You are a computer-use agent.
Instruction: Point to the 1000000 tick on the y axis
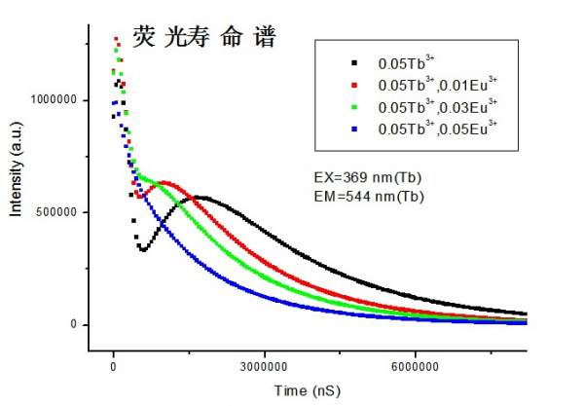pyautogui.click(x=56, y=100)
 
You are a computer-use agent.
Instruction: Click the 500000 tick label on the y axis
pyautogui.click(x=60, y=212)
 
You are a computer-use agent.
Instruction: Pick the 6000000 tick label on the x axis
pyautogui.click(x=416, y=367)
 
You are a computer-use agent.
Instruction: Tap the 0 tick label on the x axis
pyautogui.click(x=114, y=367)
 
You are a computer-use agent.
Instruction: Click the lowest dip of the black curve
pyautogui.click(x=142, y=249)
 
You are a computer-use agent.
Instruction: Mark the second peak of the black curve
pyautogui.click(x=200, y=197)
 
